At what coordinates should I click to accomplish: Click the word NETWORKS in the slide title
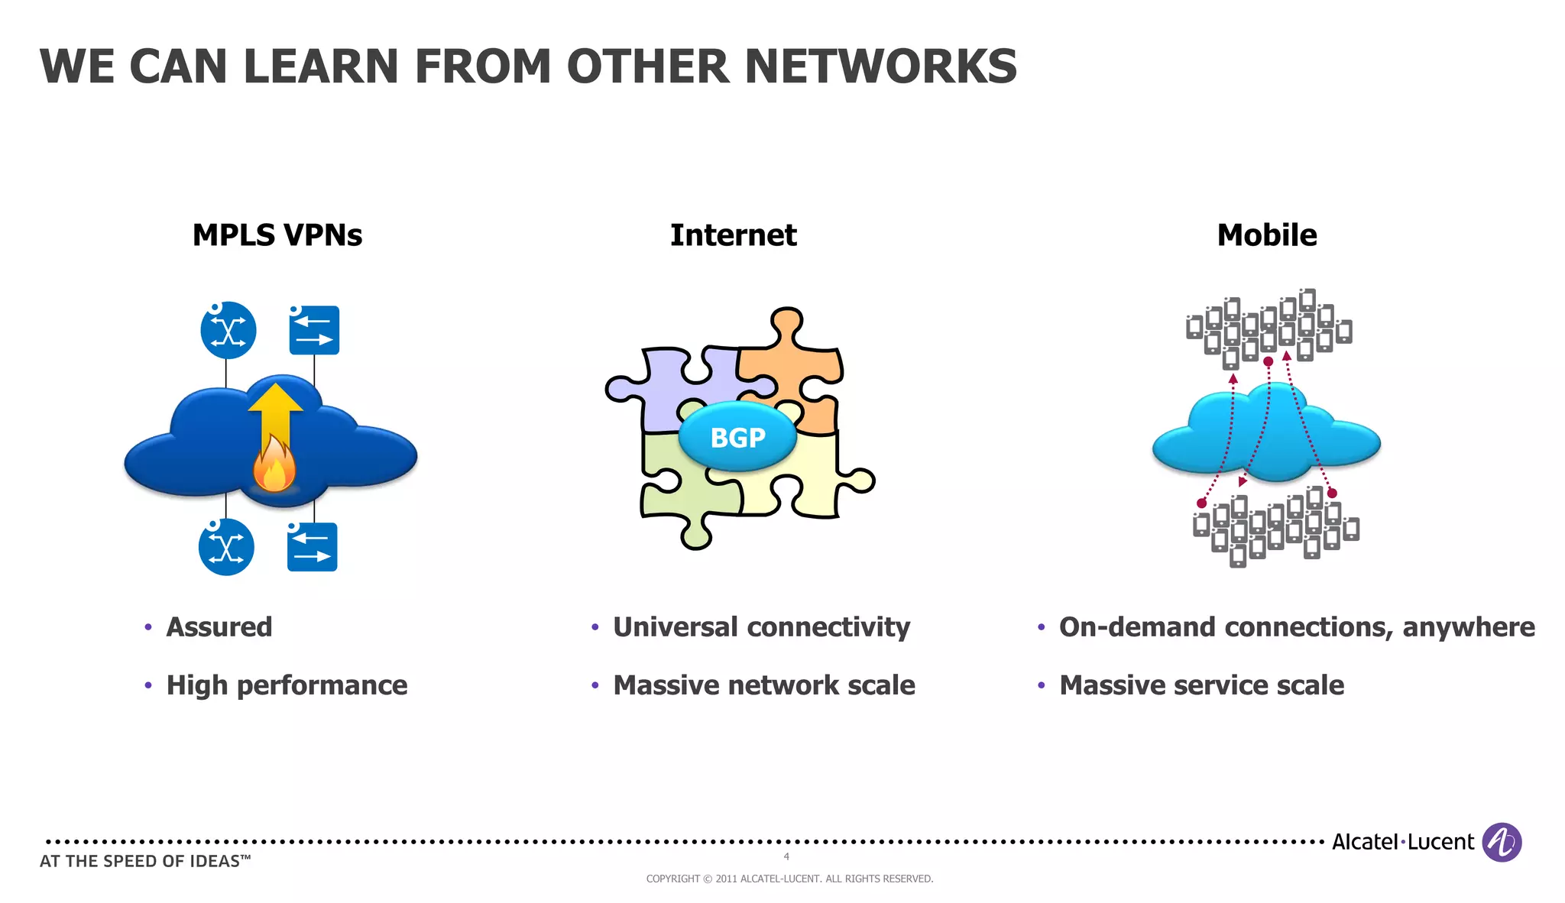[x=880, y=66]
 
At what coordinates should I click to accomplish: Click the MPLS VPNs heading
[x=277, y=235]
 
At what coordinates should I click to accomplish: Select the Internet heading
[x=733, y=235]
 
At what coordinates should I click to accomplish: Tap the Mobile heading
[x=1266, y=235]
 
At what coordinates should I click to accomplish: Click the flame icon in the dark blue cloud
[x=274, y=468]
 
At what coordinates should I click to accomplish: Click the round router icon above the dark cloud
[x=228, y=330]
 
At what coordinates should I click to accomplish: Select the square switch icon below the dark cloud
[x=312, y=547]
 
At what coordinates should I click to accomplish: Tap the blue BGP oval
[x=737, y=437]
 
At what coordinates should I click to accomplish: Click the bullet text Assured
[x=219, y=627]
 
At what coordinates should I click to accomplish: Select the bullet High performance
[x=287, y=685]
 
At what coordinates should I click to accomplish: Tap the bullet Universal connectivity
[x=761, y=627]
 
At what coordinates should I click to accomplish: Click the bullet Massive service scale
[x=1201, y=685]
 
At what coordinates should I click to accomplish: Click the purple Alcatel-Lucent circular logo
[x=1501, y=842]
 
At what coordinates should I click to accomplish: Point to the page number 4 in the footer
[x=786, y=857]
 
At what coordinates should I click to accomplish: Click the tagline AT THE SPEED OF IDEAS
[x=145, y=862]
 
